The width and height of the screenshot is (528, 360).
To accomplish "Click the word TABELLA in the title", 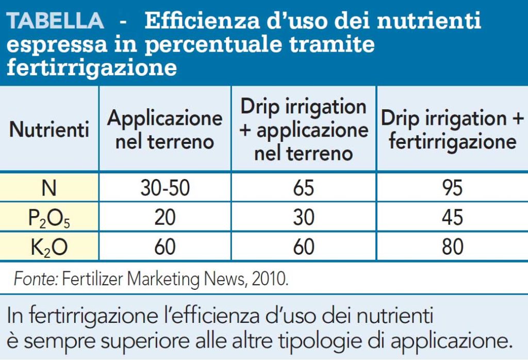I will [56, 21].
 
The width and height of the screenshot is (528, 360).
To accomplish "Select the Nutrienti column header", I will [49, 129].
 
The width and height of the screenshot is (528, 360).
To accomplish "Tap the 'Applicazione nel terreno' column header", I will [164, 129].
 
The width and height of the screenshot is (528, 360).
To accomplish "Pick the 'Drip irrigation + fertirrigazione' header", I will [452, 129].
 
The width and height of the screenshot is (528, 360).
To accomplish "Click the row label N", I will [49, 188].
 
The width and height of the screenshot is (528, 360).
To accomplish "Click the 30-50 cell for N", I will [165, 188].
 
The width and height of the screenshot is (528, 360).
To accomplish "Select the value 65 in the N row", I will [304, 188].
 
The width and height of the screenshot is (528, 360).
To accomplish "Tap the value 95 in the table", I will [452, 188].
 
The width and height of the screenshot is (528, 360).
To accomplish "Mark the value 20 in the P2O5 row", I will [165, 218].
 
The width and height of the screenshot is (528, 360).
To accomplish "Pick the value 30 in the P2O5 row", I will [304, 218].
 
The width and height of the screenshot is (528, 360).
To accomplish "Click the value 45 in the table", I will [452, 218].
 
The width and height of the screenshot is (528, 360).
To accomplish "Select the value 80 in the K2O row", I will [452, 247].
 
